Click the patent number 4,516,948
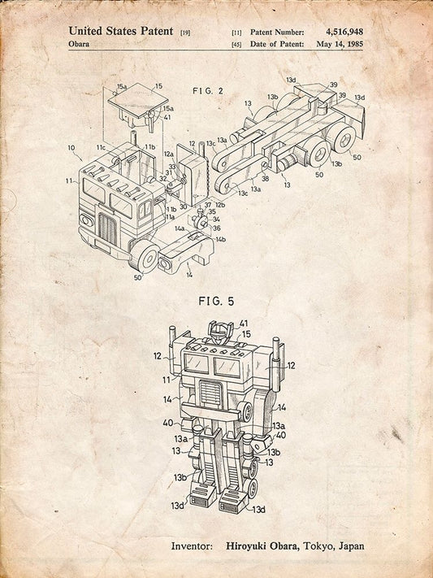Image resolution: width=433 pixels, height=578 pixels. pos(344,32)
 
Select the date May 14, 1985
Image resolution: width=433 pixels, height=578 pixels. pos(340,44)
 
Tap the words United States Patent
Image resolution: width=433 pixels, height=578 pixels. pos(121,31)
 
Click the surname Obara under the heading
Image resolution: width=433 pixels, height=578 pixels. pos(79,44)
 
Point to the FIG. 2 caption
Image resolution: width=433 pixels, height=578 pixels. pos(208,91)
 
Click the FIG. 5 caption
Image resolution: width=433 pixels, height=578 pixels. pos(216,301)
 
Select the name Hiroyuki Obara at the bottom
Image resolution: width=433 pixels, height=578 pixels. pos(262,546)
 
